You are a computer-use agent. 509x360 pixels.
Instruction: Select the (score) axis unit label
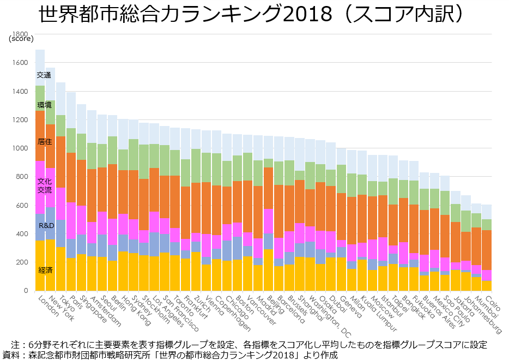(21, 38)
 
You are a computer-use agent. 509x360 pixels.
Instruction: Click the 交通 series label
(44, 75)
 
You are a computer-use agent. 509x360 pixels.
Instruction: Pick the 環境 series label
(44, 105)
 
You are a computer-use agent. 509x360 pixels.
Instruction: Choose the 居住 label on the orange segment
(44, 141)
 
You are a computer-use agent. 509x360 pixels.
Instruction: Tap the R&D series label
(46, 225)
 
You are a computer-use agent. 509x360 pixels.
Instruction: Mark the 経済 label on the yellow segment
(45, 270)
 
